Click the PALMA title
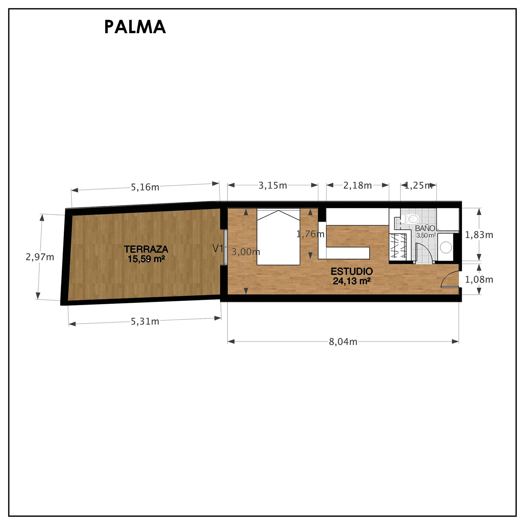pyautogui.click(x=135, y=27)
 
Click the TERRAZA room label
pyautogui.click(x=146, y=249)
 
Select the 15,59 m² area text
pyautogui.click(x=146, y=259)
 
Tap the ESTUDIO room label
pyautogui.click(x=352, y=271)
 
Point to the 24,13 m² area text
pyautogui.click(x=352, y=281)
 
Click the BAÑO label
pyautogui.click(x=425, y=228)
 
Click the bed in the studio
pyautogui.click(x=278, y=237)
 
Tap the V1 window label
pyautogui.click(x=218, y=249)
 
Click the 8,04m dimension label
pyautogui.click(x=343, y=342)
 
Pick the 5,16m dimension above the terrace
pyautogui.click(x=145, y=187)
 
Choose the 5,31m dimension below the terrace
pyautogui.click(x=145, y=321)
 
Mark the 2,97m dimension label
pyautogui.click(x=40, y=257)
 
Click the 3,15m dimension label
pyautogui.click(x=273, y=186)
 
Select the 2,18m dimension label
pyautogui.click(x=358, y=186)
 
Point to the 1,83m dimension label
pyautogui.click(x=479, y=235)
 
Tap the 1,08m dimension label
pyautogui.click(x=479, y=280)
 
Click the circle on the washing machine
pyautogui.click(x=446, y=247)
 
